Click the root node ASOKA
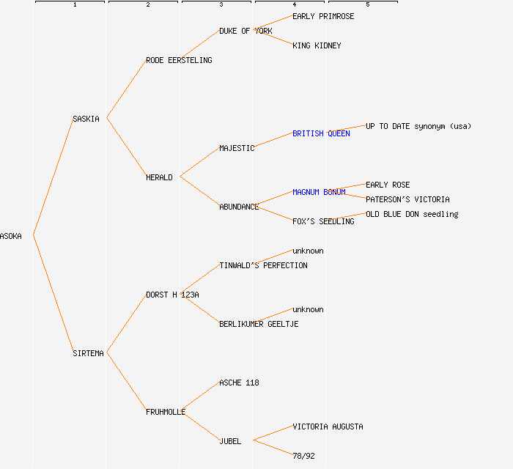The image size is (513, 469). (x=11, y=236)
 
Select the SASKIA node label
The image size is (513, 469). (x=86, y=119)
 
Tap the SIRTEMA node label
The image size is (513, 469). (x=88, y=353)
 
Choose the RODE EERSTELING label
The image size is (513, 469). (x=179, y=60)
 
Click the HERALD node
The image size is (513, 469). (x=159, y=177)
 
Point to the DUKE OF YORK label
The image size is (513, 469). (x=246, y=31)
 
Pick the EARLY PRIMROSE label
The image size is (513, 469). (x=323, y=16)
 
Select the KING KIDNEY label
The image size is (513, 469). (x=317, y=45)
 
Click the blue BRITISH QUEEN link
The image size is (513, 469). (x=321, y=133)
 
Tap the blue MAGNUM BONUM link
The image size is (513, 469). (x=319, y=192)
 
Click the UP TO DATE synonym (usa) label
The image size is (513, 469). (x=418, y=126)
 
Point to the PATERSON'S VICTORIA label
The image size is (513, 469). (x=407, y=199)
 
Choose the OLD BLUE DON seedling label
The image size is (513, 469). (x=412, y=214)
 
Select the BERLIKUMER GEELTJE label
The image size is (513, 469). (x=259, y=324)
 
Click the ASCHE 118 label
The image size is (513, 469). (x=239, y=383)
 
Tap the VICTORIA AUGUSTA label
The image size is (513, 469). (x=328, y=426)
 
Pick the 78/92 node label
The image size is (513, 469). (x=303, y=456)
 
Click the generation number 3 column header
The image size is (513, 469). (x=221, y=5)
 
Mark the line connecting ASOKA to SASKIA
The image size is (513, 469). (x=53, y=177)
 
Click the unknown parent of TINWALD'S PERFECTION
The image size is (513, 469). (x=308, y=251)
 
